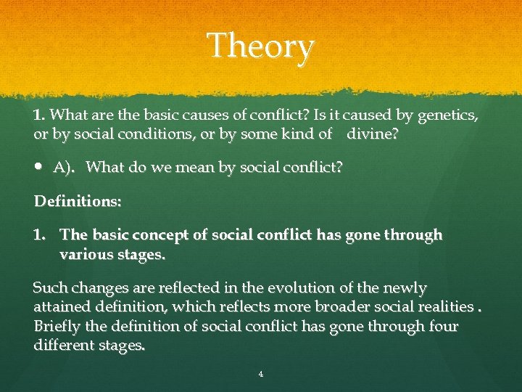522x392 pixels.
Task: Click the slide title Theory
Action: pyautogui.click(x=261, y=46)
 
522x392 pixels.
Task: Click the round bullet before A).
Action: pyautogui.click(x=39, y=168)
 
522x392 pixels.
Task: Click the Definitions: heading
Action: pyautogui.click(x=78, y=202)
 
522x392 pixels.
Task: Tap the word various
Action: pyautogui.click(x=85, y=255)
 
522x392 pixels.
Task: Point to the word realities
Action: pyautogui.click(x=440, y=308)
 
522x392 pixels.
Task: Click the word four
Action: pyautogui.click(x=442, y=327)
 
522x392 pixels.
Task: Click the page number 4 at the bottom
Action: pyautogui.click(x=261, y=375)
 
